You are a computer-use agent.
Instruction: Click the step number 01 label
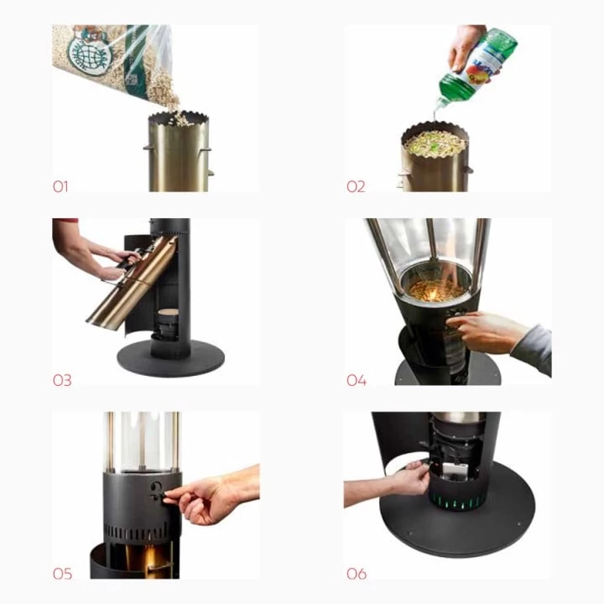pyautogui.click(x=60, y=186)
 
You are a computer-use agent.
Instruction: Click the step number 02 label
pyautogui.click(x=356, y=186)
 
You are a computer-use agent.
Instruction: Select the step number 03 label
pyautogui.click(x=62, y=380)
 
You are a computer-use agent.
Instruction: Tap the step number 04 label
pyautogui.click(x=357, y=380)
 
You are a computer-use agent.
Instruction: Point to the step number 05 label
pyautogui.click(x=62, y=574)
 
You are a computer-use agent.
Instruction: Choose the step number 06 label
pyautogui.click(x=357, y=574)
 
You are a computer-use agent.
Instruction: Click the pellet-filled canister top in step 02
pyautogui.click(x=434, y=143)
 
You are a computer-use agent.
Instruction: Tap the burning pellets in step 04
pyautogui.click(x=435, y=290)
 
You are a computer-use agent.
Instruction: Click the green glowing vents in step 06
pyautogui.click(x=457, y=503)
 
